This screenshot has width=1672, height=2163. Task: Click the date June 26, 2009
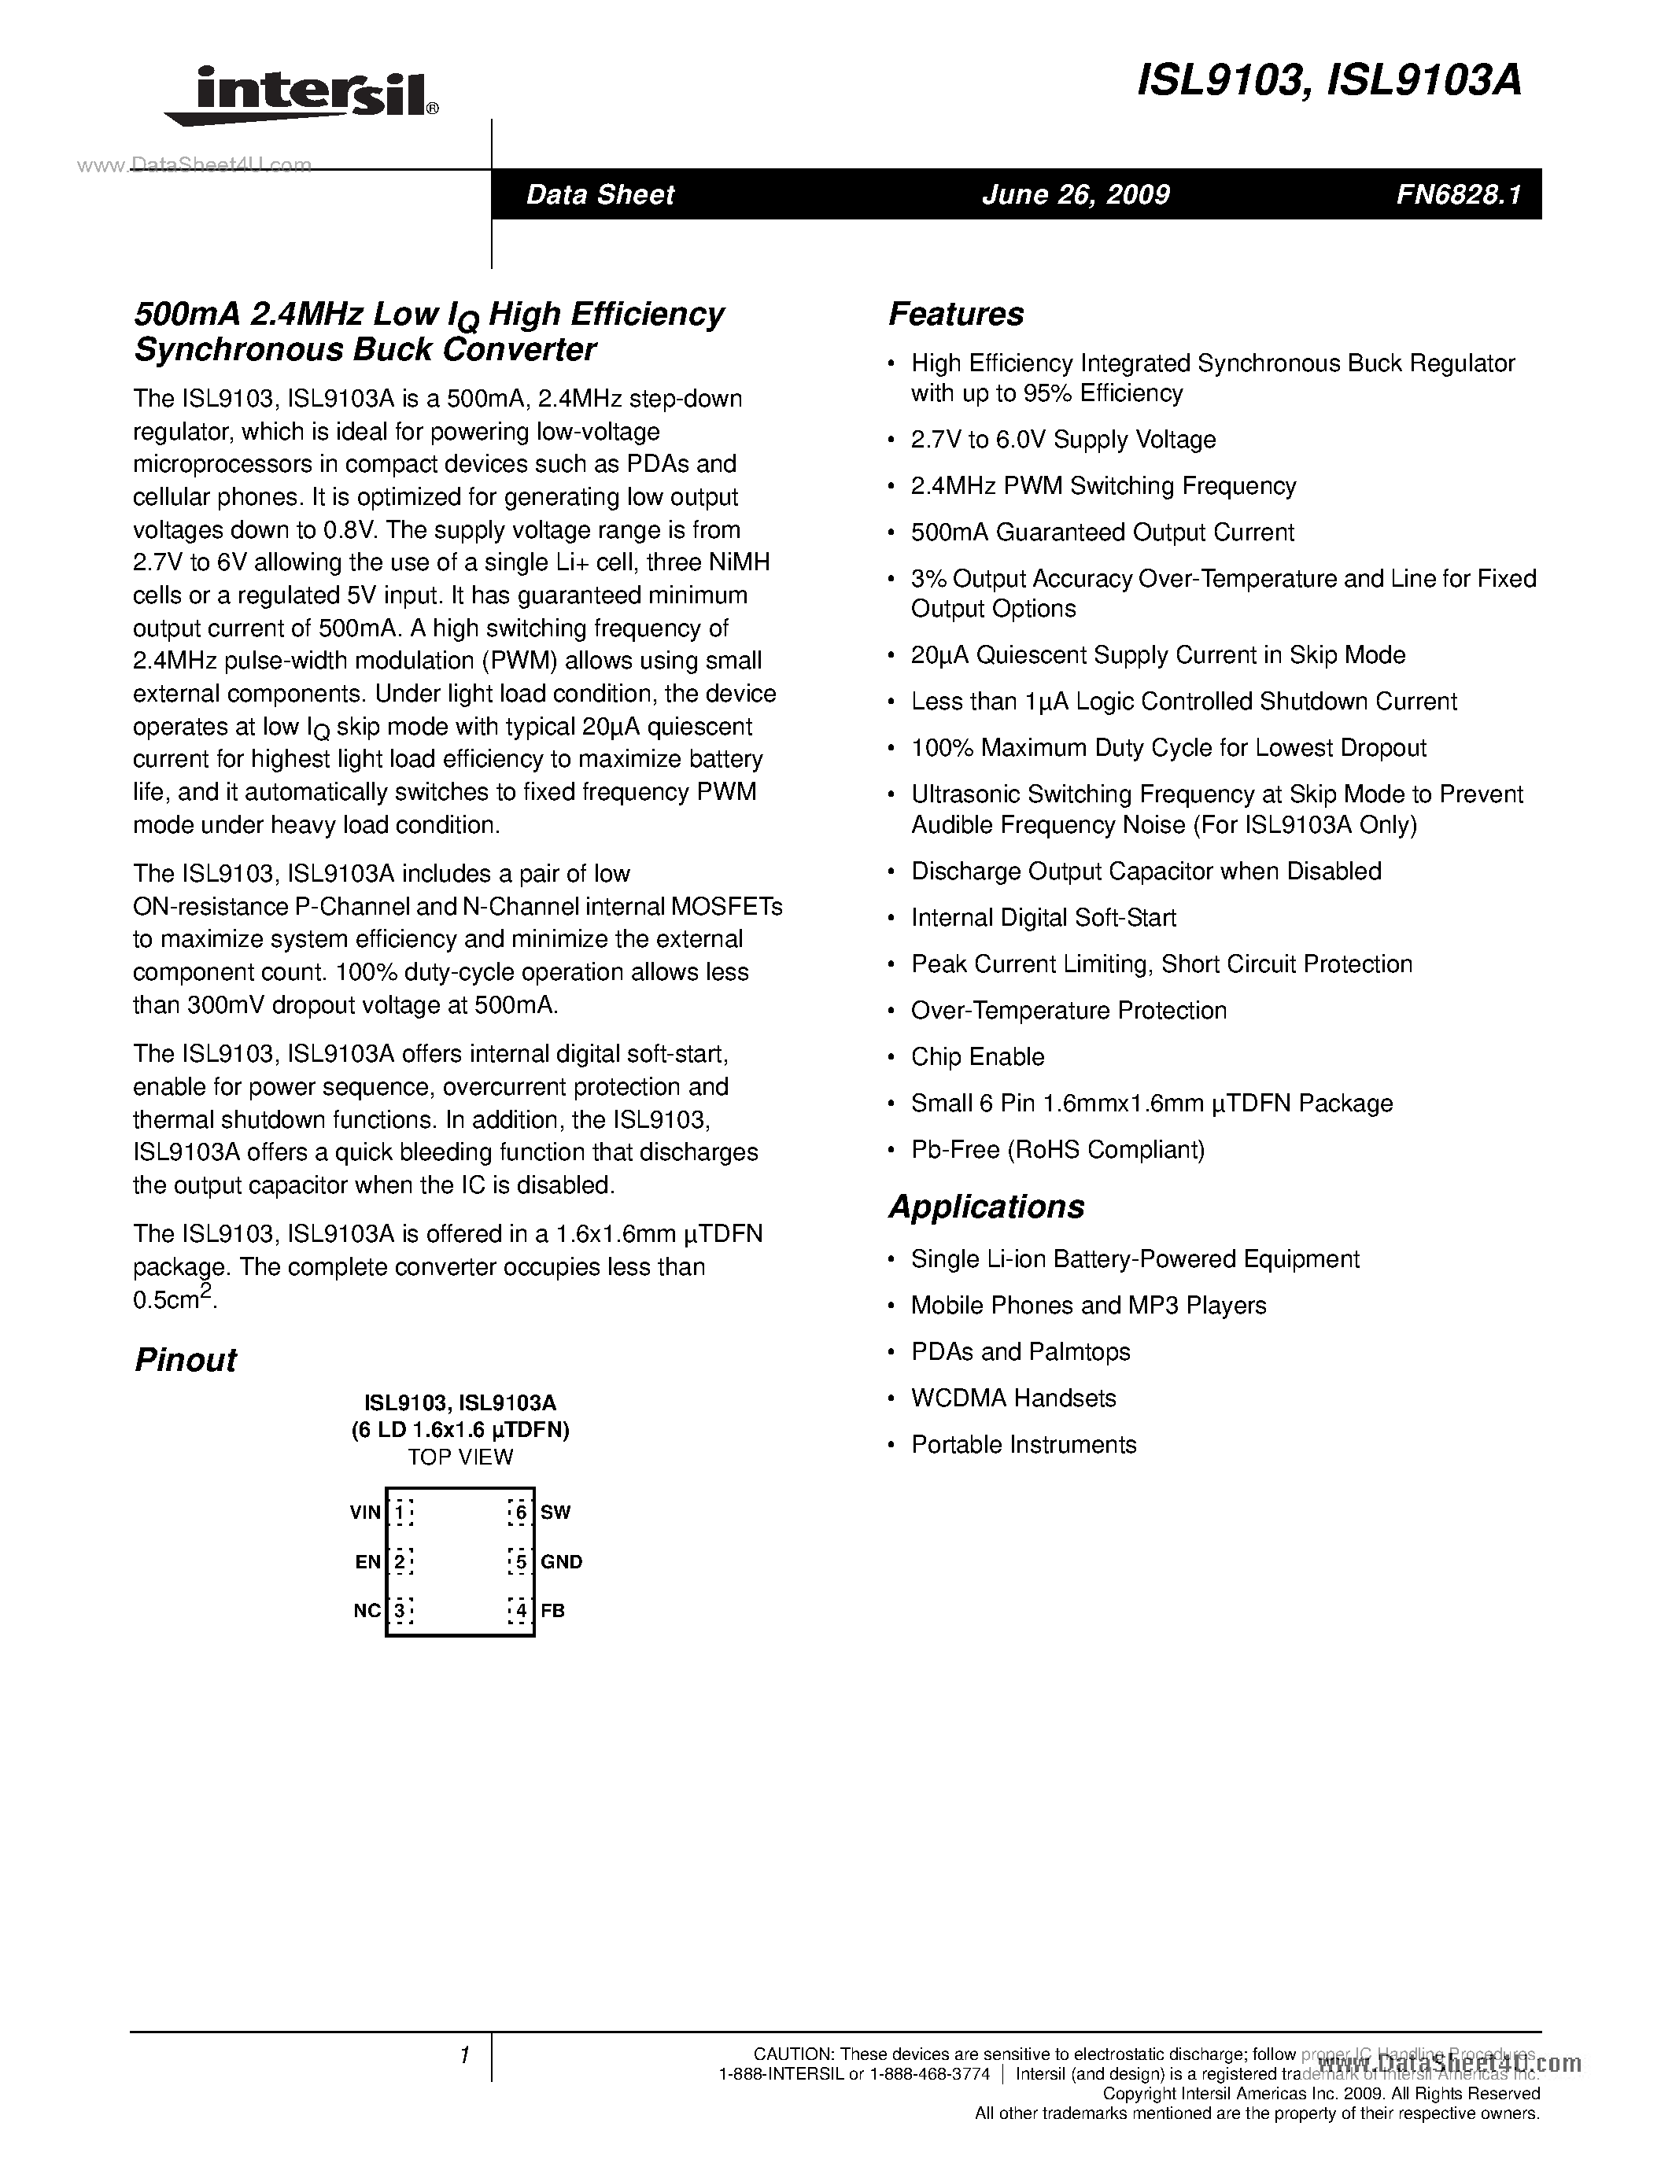[1076, 194]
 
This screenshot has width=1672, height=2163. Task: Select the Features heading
[956, 314]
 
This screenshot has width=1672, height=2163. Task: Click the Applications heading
[987, 1207]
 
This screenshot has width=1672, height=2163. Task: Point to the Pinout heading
[185, 1360]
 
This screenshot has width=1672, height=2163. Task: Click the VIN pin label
[364, 1513]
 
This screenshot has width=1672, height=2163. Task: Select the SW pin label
[555, 1513]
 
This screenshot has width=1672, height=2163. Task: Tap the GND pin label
[562, 1562]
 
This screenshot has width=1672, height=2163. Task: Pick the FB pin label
[552, 1610]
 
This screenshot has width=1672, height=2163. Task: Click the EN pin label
[367, 1562]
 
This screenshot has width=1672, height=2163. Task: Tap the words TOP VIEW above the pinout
[460, 1457]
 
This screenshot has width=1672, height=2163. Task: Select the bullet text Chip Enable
[978, 1057]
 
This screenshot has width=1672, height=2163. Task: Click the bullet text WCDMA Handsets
[1013, 1398]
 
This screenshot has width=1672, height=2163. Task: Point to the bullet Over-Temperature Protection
[1069, 1010]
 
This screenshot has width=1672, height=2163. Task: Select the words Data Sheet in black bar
[600, 194]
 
